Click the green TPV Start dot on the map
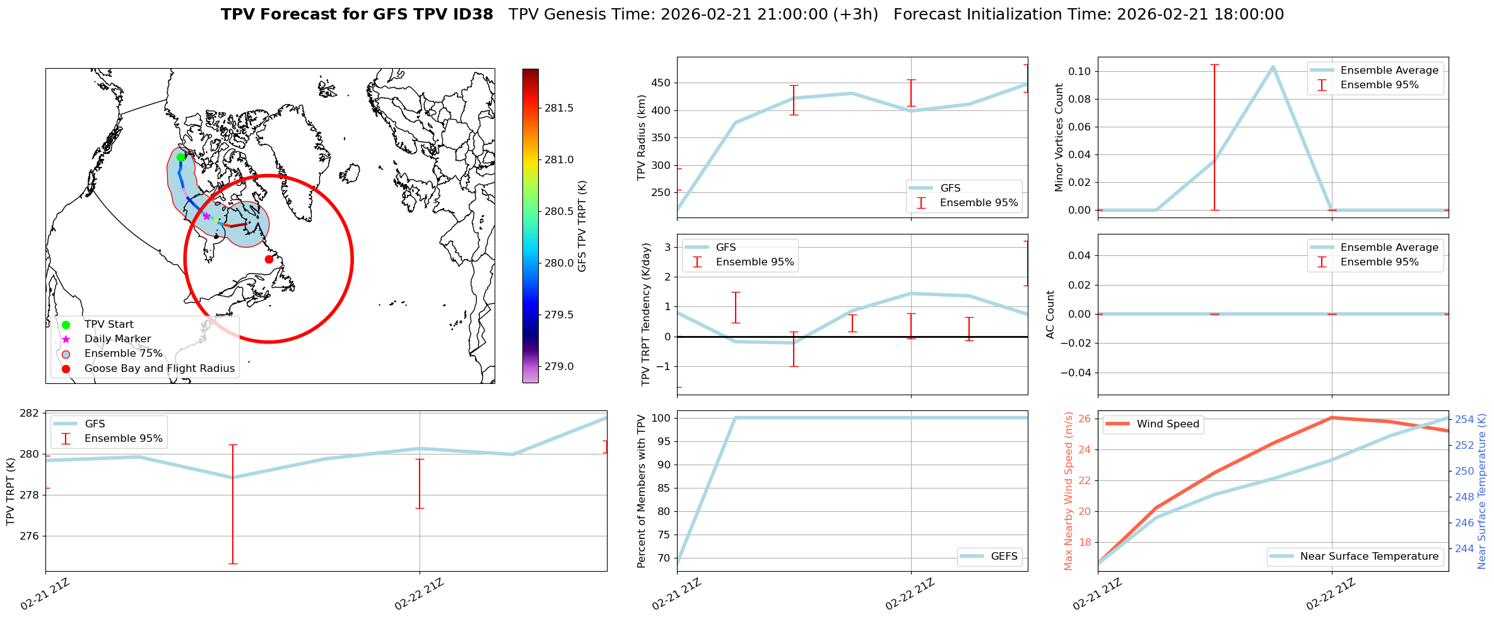(x=180, y=157)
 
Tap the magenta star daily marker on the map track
(x=206, y=216)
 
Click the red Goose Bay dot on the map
(x=269, y=259)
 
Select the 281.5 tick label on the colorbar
(x=559, y=108)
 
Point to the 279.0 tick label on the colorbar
(x=559, y=367)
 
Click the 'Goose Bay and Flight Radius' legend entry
(x=159, y=369)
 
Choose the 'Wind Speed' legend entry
(x=1167, y=424)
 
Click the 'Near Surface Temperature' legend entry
(x=1369, y=557)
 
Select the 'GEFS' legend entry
(x=1004, y=557)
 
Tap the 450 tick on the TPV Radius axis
(x=661, y=83)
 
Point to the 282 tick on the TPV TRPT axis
(x=30, y=414)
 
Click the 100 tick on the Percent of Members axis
(x=660, y=418)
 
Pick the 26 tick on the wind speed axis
(x=1085, y=419)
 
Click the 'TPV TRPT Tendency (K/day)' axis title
(x=645, y=315)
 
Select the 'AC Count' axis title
(x=1050, y=315)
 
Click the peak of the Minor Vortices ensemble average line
(x=1273, y=66)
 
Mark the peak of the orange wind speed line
(x=1332, y=417)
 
